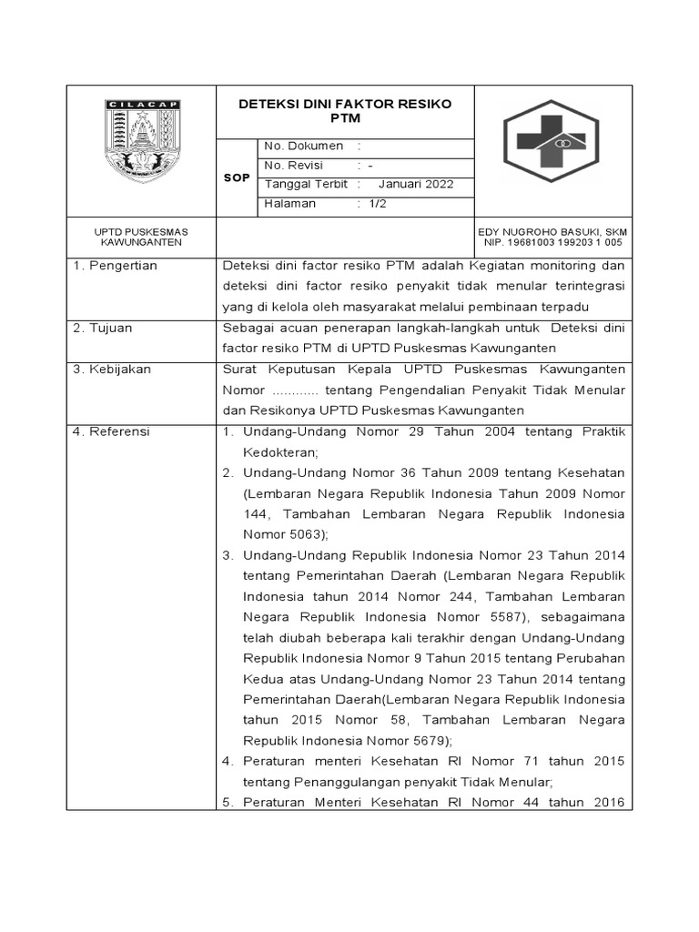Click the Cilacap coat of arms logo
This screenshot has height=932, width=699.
click(x=141, y=141)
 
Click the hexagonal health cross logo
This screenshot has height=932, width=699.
click(x=552, y=140)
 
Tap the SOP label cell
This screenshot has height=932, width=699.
click(x=237, y=178)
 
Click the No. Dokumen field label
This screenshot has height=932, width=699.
click(x=303, y=146)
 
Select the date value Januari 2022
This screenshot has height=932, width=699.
click(x=415, y=185)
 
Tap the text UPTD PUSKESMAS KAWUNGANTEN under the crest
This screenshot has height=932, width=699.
click(x=141, y=238)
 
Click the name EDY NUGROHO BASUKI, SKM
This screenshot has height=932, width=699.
click(x=552, y=232)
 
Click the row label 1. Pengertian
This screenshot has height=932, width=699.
click(x=115, y=266)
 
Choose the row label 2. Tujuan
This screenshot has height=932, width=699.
click(x=103, y=329)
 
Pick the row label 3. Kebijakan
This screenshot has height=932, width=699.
click(x=112, y=370)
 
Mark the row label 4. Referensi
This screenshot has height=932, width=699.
click(x=112, y=431)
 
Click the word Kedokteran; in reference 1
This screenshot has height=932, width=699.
click(x=281, y=452)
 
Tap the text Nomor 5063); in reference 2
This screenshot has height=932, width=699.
click(x=286, y=534)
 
